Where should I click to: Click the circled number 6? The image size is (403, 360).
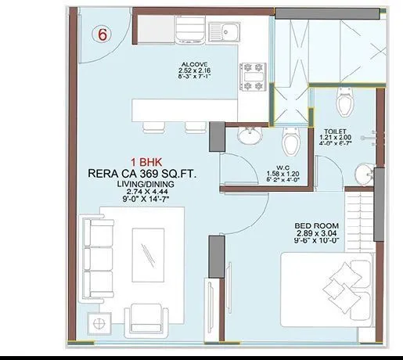tap(103, 34)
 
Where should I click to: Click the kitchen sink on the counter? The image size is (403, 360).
tap(225, 31)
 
